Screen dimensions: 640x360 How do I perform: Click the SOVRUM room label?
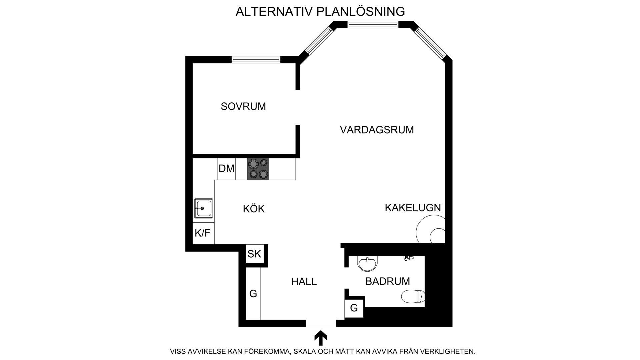pyautogui.click(x=243, y=106)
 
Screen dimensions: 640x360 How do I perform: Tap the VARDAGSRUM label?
pyautogui.click(x=377, y=130)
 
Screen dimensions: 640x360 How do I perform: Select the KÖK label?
pyautogui.click(x=254, y=209)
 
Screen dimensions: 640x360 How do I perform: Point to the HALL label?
pyautogui.click(x=304, y=282)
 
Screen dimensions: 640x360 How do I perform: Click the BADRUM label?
pyautogui.click(x=388, y=281)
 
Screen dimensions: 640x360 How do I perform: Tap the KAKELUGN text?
pyautogui.click(x=413, y=208)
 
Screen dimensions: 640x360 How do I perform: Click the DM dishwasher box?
pyautogui.click(x=227, y=169)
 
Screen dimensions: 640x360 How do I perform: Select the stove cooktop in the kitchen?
pyautogui.click(x=258, y=169)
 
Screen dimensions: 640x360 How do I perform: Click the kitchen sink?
pyautogui.click(x=203, y=209)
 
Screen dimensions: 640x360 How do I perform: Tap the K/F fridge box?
pyautogui.click(x=203, y=233)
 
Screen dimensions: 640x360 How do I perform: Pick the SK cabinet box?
pyautogui.click(x=254, y=254)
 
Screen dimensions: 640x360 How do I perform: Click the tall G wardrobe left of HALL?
pyautogui.click(x=253, y=294)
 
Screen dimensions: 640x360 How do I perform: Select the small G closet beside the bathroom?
pyautogui.click(x=354, y=308)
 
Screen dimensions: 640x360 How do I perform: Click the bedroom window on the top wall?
pyautogui.click(x=256, y=60)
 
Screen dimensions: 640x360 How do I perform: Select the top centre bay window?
pyautogui.click(x=373, y=24)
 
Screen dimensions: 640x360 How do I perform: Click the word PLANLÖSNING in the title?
pyautogui.click(x=361, y=11)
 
